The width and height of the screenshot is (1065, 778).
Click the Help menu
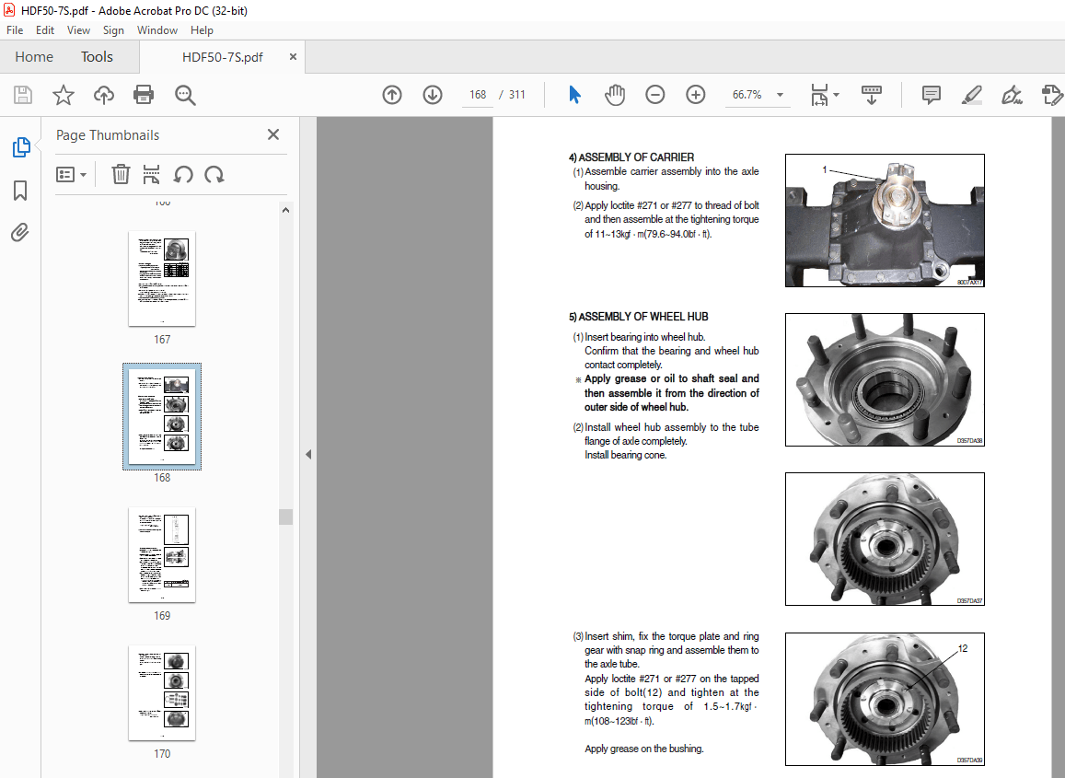coord(202,30)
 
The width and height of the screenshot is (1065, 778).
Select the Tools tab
coord(97,57)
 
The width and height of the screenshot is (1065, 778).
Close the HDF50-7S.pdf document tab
coord(294,57)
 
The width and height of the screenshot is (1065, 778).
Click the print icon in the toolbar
coord(144,95)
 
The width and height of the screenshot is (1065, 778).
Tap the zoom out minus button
coord(655,95)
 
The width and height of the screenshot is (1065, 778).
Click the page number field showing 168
coord(477,95)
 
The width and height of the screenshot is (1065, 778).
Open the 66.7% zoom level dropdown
coord(780,95)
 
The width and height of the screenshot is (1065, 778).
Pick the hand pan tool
coord(615,95)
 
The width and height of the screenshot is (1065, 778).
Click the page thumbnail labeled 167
coord(162,279)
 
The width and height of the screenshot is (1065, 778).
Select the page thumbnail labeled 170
coord(162,692)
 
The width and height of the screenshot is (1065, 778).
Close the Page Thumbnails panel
coord(273,135)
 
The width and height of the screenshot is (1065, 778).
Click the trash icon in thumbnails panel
coord(121,174)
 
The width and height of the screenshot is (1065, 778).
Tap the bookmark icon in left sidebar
coord(20,191)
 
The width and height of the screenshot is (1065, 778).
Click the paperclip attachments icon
coord(20,232)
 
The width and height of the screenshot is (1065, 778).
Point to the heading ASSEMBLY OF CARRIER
coord(636,157)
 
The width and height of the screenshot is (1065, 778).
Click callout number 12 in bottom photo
coord(963,648)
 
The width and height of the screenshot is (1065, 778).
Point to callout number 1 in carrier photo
coord(826,169)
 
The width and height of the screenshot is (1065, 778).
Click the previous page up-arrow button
coord(392,95)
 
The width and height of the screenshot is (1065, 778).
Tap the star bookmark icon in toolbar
coord(63,95)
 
